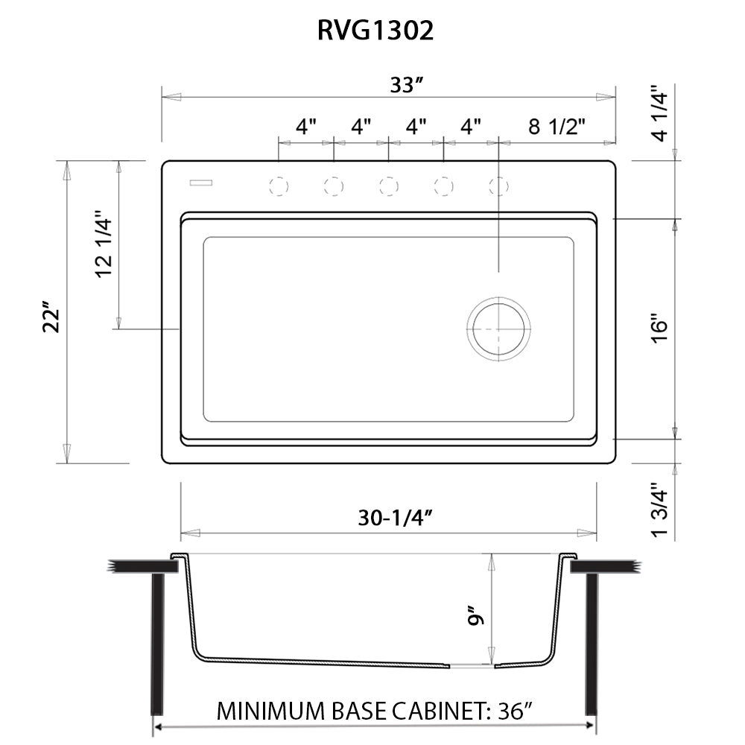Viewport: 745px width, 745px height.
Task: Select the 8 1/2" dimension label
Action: [557, 127]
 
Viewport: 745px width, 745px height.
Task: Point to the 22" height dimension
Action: [51, 317]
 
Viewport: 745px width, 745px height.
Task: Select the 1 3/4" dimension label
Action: [659, 511]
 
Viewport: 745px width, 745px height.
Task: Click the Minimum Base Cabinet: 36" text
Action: [375, 711]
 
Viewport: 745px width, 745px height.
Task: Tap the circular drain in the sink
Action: [499, 329]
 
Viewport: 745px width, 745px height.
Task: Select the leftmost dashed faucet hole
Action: [278, 186]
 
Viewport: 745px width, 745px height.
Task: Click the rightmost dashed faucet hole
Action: [499, 186]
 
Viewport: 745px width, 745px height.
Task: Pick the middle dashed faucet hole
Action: [388, 186]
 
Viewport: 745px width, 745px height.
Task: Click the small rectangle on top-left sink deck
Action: [201, 181]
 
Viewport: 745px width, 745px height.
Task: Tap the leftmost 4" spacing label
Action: [306, 127]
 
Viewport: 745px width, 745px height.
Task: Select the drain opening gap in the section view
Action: [472, 666]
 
